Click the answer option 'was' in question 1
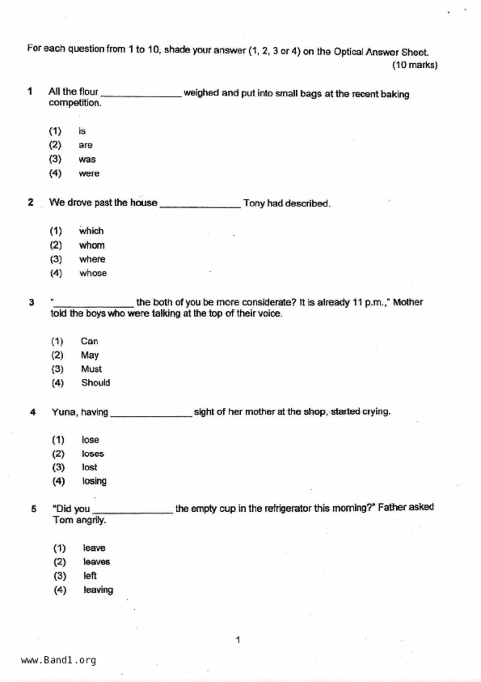click(x=87, y=159)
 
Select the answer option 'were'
click(x=89, y=173)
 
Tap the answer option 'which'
click(x=91, y=231)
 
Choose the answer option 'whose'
click(x=93, y=273)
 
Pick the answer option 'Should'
click(x=96, y=383)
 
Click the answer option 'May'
click(x=90, y=355)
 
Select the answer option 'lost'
click(x=89, y=467)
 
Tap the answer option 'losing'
click(x=94, y=481)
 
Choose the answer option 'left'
click(x=90, y=576)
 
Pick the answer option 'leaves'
click(x=97, y=562)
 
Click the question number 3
click(x=31, y=303)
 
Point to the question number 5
click(x=34, y=509)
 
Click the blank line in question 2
click(x=200, y=206)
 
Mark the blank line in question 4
click(x=151, y=415)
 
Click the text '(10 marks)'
click(x=415, y=65)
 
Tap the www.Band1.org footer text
click(x=59, y=660)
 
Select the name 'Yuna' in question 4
click(x=64, y=412)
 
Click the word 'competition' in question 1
click(x=75, y=103)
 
